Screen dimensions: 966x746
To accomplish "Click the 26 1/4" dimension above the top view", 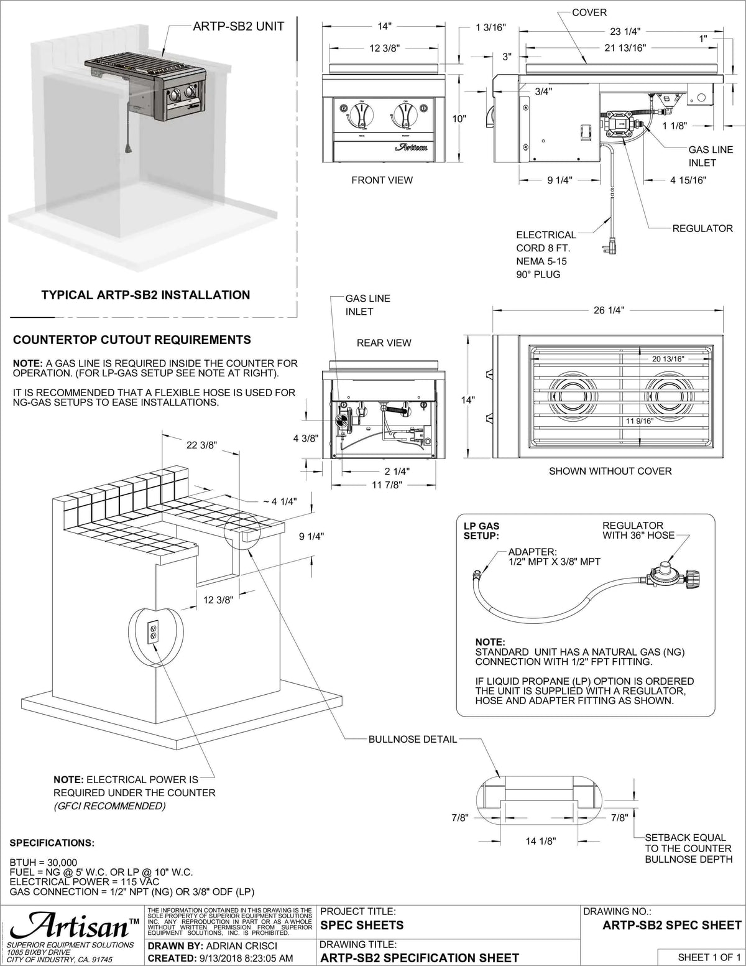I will pyautogui.click(x=608, y=310).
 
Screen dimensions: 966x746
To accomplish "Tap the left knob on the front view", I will pyautogui.click(x=361, y=116).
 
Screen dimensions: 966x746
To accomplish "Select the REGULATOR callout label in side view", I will pyautogui.click(x=702, y=228).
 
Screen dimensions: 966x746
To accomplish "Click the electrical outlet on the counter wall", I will pyautogui.click(x=153, y=633).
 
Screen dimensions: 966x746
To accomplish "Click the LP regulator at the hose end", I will pyautogui.click(x=666, y=576).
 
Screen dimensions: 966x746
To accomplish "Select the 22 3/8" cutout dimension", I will pyautogui.click(x=201, y=444).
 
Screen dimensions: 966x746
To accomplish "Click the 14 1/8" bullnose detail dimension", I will pyautogui.click(x=540, y=841).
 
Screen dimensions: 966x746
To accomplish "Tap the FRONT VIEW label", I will pyautogui.click(x=382, y=180).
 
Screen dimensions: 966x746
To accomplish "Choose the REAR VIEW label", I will pyautogui.click(x=384, y=343).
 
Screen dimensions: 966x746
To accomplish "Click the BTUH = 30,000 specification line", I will pyautogui.click(x=44, y=862).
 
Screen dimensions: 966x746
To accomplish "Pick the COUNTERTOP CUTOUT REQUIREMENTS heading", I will pyautogui.click(x=132, y=340).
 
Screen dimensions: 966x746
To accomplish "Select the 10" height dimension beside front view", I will pyautogui.click(x=459, y=118).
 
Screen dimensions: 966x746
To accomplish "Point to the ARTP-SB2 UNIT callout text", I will pyautogui.click(x=238, y=26).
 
